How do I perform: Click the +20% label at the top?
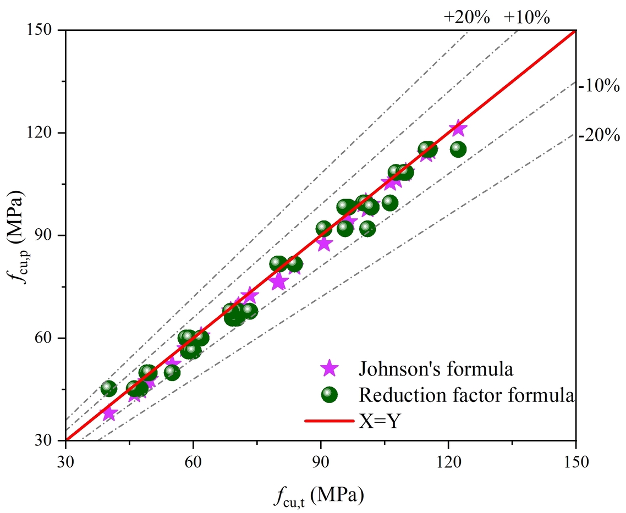pyautogui.click(x=466, y=18)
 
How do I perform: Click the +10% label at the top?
pyautogui.click(x=526, y=18)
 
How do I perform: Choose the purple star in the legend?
pyautogui.click(x=330, y=368)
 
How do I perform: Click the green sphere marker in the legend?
pyautogui.click(x=330, y=394)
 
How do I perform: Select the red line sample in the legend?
pyautogui.click(x=329, y=421)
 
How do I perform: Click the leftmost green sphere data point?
pyautogui.click(x=109, y=389)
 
